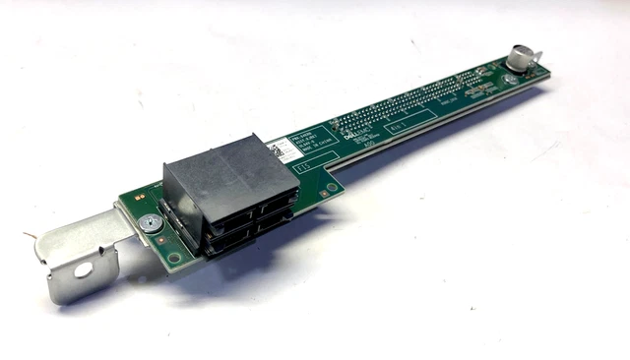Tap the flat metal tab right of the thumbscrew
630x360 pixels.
[x=539, y=72]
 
